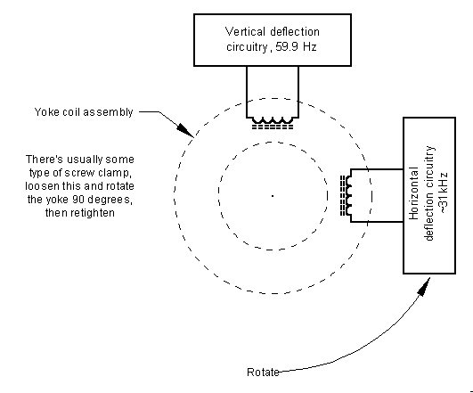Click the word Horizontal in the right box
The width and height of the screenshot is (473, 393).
tap(413, 193)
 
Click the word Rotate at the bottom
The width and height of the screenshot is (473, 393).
tap(263, 373)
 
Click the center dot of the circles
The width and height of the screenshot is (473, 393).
tap(273, 196)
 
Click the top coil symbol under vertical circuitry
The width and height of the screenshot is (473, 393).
tap(273, 123)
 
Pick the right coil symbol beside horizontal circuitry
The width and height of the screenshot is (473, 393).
tap(347, 195)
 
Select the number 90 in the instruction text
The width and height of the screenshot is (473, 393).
tap(78, 200)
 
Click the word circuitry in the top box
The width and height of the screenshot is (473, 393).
tap(247, 47)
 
